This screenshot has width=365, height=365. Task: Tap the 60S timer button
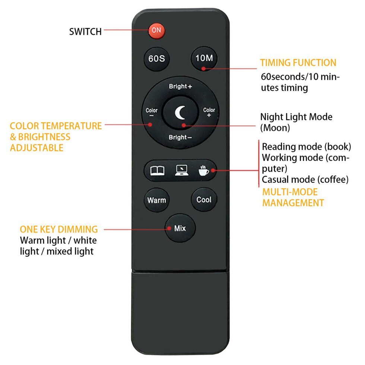pyautogui.click(x=156, y=59)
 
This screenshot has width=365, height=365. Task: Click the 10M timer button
pyautogui.click(x=204, y=58)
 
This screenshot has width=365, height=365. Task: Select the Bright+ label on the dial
pyautogui.click(x=180, y=86)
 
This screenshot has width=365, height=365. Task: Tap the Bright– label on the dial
pyautogui.click(x=180, y=137)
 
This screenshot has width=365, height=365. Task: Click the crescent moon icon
pyautogui.click(x=180, y=112)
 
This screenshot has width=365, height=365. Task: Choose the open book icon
pyautogui.click(x=157, y=171)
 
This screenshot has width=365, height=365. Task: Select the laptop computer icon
pyautogui.click(x=182, y=171)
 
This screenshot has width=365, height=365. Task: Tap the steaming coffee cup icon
pyautogui.click(x=203, y=171)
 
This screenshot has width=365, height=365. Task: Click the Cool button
pyautogui.click(x=204, y=200)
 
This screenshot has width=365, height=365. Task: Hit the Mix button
pyautogui.click(x=180, y=228)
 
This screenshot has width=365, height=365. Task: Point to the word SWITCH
pyautogui.click(x=85, y=32)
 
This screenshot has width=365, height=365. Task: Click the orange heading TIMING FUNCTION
pyautogui.click(x=298, y=63)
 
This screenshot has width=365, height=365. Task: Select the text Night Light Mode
pyautogui.click(x=296, y=117)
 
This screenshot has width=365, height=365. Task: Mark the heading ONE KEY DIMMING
pyautogui.click(x=59, y=229)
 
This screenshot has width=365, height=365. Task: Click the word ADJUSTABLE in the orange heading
pyautogui.click(x=36, y=148)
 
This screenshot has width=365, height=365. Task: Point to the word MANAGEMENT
pyautogui.click(x=293, y=203)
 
